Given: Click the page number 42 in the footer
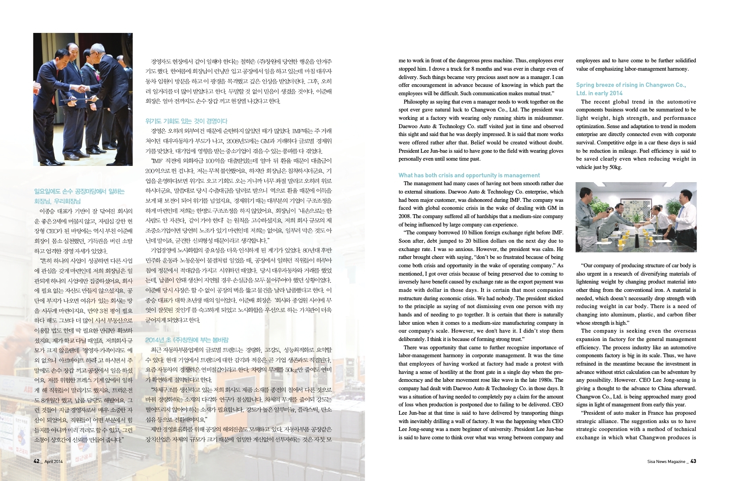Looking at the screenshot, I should (x=37, y=461).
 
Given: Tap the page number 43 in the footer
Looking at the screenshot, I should (x=693, y=461).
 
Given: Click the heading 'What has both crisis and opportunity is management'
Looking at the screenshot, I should (x=469, y=175).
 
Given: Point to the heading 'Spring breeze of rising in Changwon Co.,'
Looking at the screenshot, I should (x=630, y=85).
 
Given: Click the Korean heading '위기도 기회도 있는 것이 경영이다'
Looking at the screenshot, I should (x=186, y=121).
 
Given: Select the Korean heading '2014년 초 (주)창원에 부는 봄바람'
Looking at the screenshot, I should (x=187, y=340).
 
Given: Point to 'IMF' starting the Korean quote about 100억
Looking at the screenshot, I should (x=156, y=161).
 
